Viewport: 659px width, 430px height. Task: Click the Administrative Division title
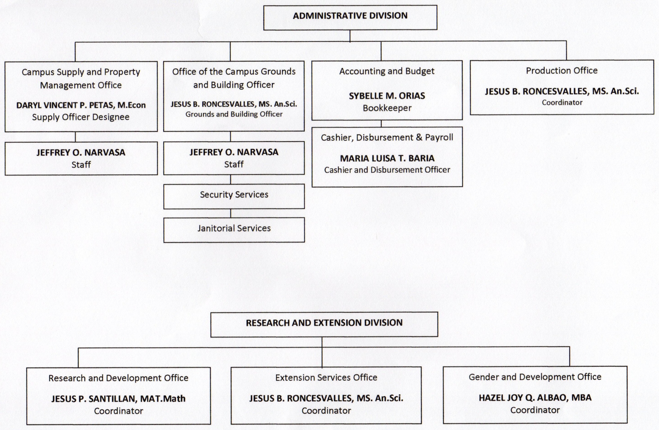(350, 15)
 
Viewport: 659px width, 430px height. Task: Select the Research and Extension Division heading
(324, 323)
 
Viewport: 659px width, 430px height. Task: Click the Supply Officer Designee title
(81, 117)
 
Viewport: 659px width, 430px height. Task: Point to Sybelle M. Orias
(387, 96)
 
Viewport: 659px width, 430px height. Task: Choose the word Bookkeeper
(387, 108)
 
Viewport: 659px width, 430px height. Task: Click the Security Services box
(234, 196)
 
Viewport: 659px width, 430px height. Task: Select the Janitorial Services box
(234, 230)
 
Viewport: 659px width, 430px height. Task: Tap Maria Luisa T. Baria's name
(387, 158)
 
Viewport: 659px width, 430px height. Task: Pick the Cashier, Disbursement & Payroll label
(387, 137)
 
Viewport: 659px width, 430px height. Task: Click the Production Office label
(562, 71)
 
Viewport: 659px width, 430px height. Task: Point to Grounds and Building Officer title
(234, 114)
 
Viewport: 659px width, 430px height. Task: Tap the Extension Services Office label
(326, 378)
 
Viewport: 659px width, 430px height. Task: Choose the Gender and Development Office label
(535, 377)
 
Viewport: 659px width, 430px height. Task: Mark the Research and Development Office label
(119, 378)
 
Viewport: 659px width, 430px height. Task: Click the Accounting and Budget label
(387, 71)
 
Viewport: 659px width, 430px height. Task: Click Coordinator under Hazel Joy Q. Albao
(535, 410)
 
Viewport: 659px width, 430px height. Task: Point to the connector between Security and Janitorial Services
(231, 213)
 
